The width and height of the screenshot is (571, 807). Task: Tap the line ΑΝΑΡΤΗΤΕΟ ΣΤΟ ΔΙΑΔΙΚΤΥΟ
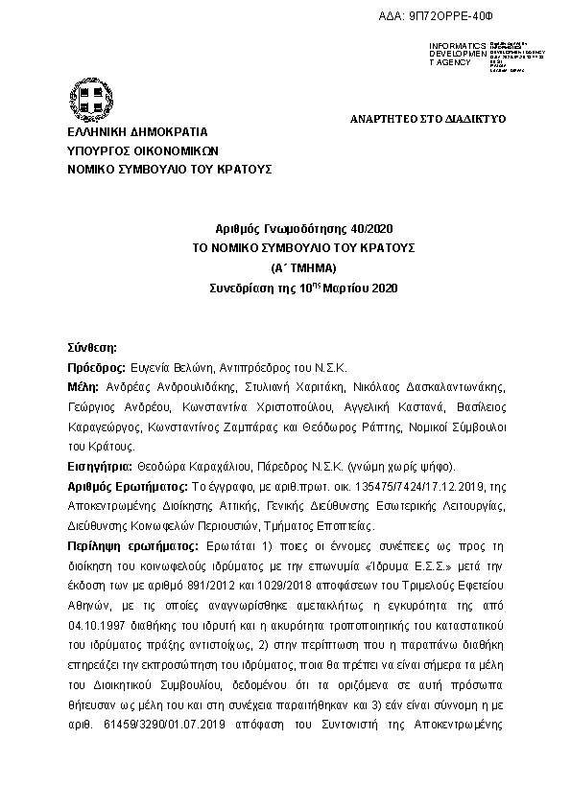(x=426, y=118)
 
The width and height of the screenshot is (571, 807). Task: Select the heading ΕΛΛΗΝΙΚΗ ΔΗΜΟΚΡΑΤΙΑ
(x=137, y=132)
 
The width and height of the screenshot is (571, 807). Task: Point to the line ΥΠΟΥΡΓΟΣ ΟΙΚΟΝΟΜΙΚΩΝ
(x=143, y=150)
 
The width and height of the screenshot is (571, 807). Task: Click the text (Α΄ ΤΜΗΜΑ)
(x=303, y=266)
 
